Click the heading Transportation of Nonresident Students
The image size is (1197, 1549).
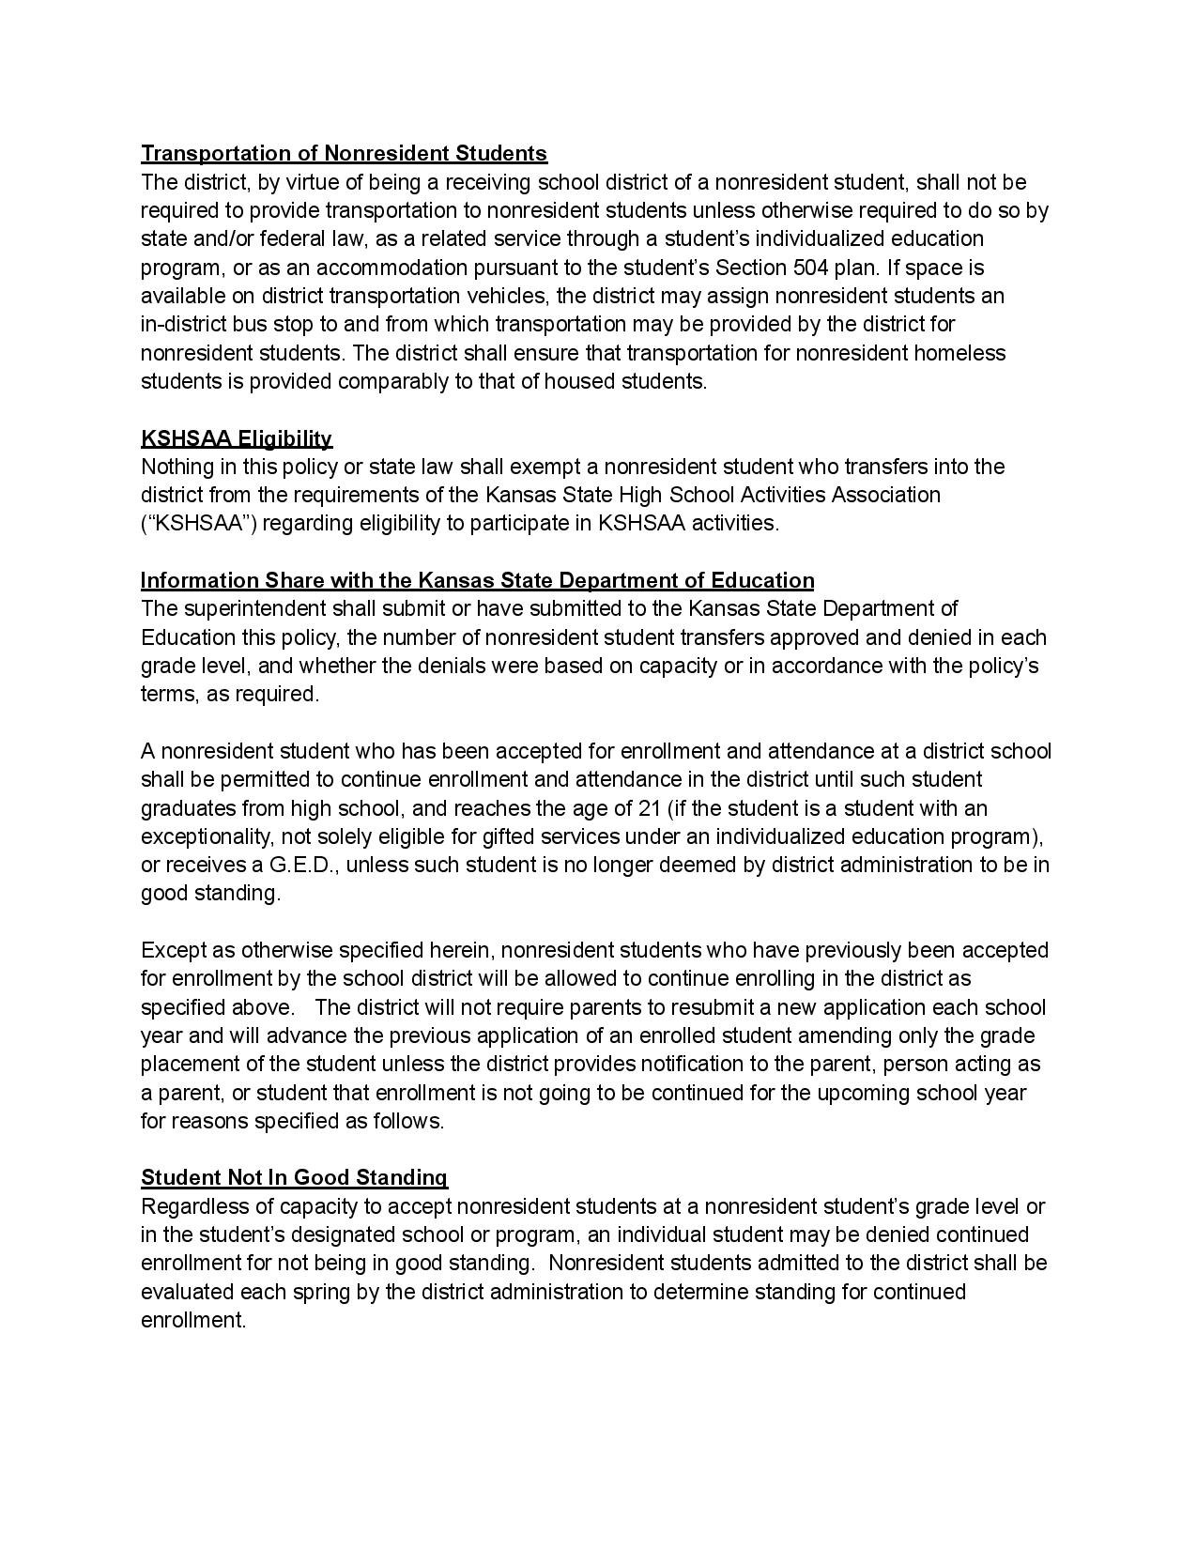[344, 153]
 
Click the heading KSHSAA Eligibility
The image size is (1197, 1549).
[237, 438]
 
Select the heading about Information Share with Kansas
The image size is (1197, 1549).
[477, 580]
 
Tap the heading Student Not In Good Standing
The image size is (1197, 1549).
[294, 1177]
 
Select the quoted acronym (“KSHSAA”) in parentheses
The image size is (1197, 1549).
[199, 524]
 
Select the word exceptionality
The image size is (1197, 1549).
[197, 836]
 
